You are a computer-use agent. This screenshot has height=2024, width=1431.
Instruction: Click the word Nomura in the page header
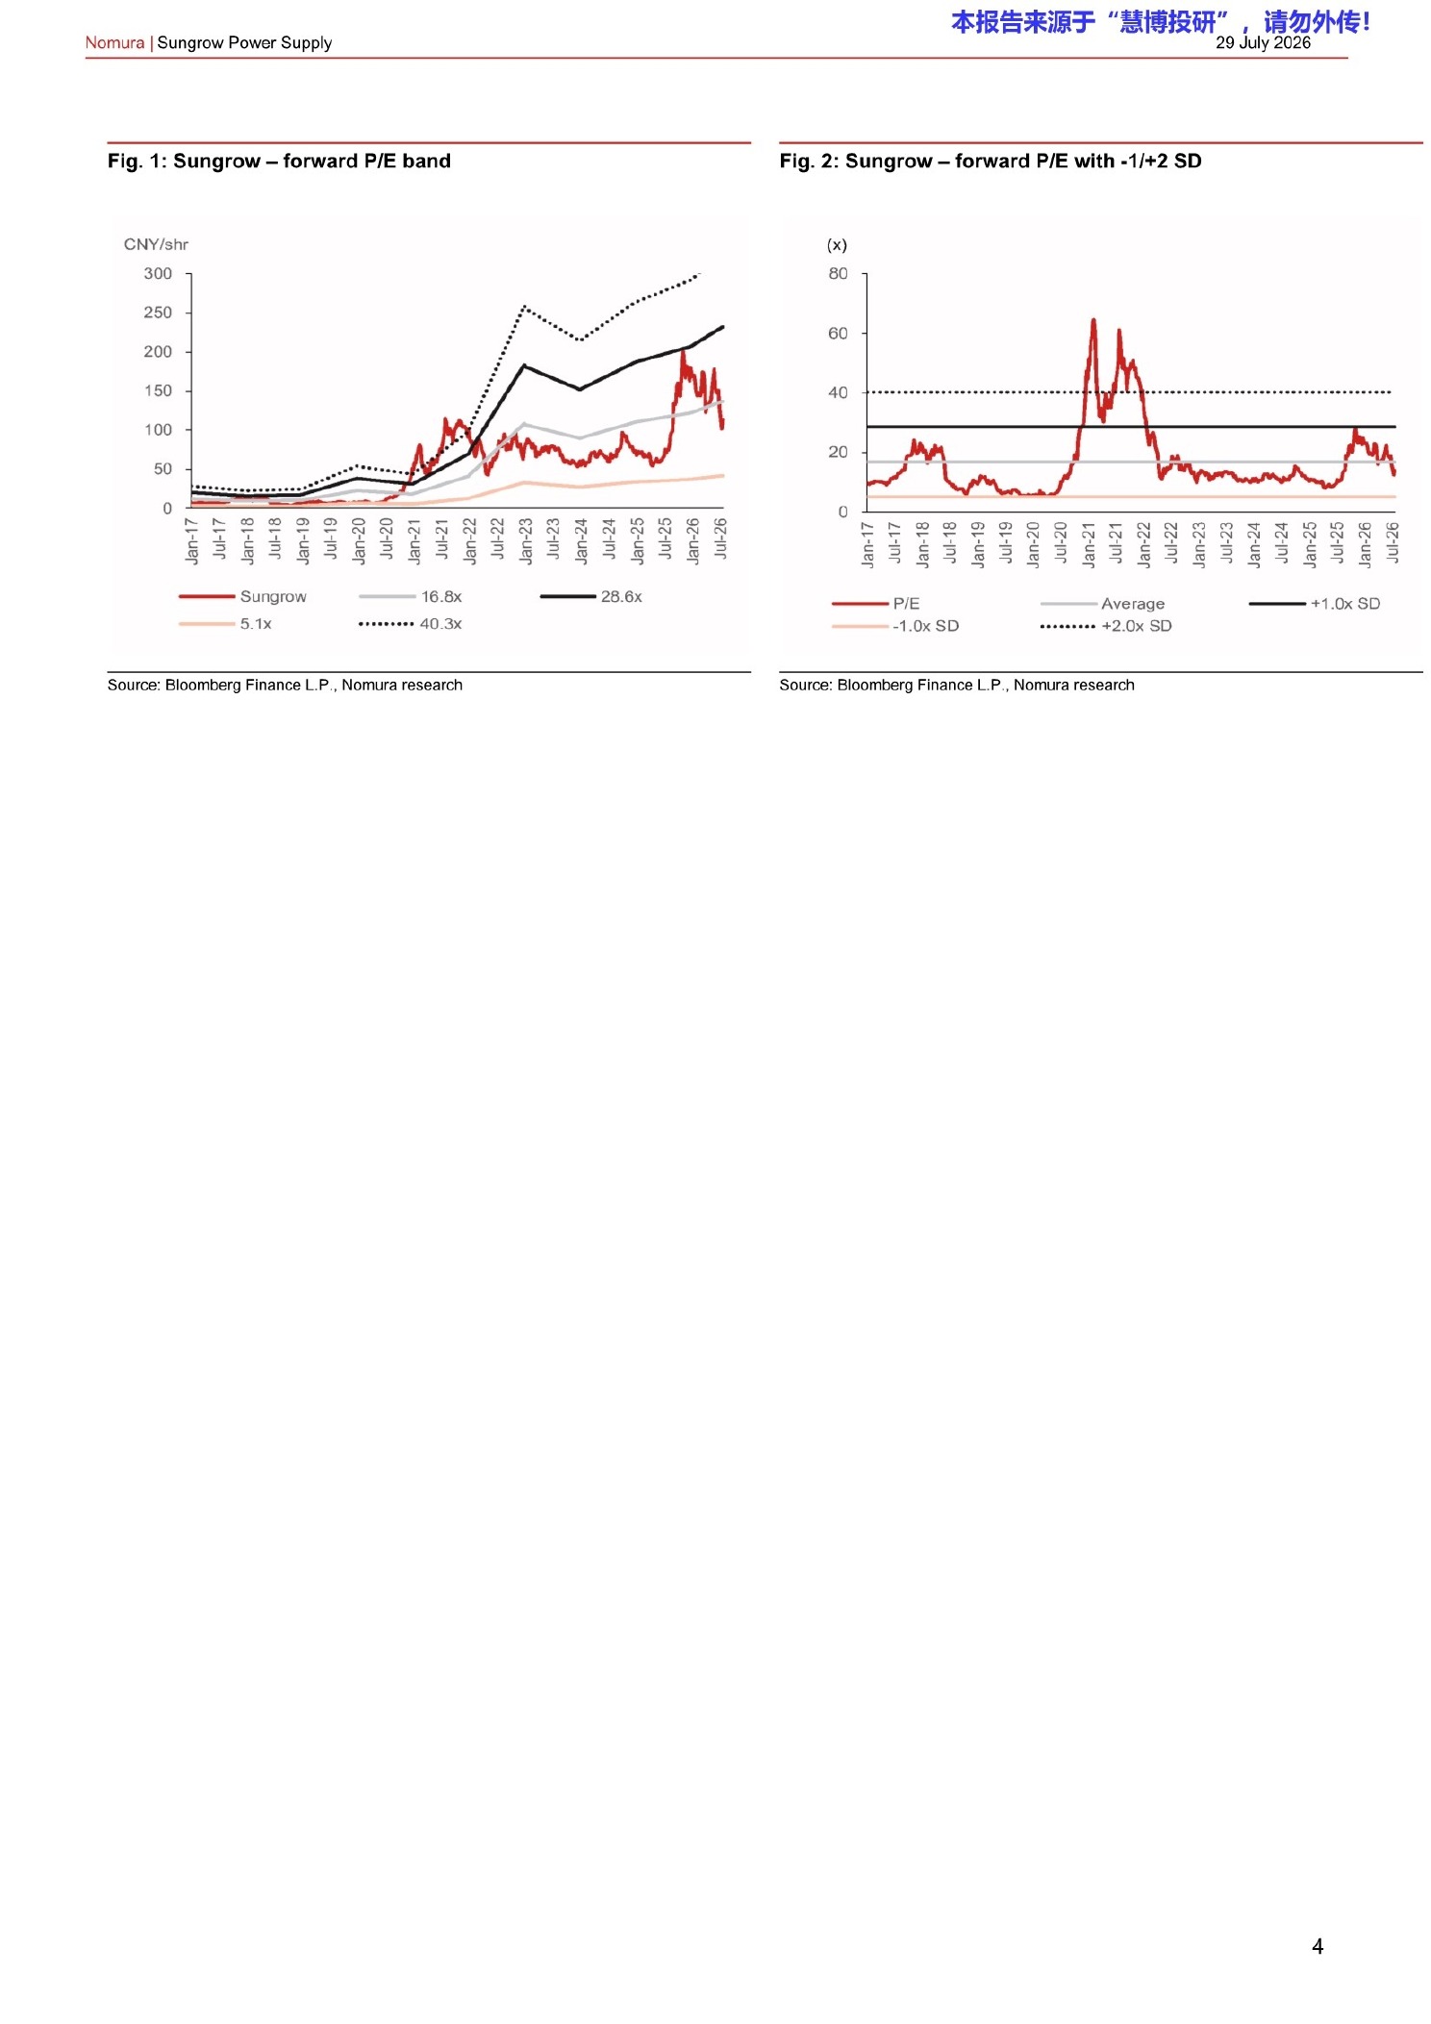coord(114,42)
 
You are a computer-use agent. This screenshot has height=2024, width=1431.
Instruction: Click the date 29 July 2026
coord(1263,42)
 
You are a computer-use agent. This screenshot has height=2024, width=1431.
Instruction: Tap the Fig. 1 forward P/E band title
coord(279,161)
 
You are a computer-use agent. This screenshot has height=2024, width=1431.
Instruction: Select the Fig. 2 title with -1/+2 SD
coord(991,161)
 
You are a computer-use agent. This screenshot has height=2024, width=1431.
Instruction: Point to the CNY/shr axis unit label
coord(156,244)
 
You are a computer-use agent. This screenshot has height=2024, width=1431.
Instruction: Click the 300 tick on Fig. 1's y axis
coord(158,273)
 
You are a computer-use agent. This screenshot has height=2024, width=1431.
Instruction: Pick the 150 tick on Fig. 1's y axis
coord(158,390)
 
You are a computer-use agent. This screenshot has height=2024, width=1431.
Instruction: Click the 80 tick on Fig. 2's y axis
coord(839,273)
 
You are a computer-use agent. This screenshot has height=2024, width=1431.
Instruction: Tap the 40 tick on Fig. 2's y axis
coord(839,392)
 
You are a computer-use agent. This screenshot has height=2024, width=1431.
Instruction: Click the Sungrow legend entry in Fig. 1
coord(242,596)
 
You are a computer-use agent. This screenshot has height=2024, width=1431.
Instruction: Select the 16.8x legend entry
coord(410,596)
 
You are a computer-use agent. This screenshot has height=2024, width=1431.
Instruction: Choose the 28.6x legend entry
coord(590,596)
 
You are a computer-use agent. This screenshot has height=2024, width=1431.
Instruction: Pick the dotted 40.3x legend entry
coord(410,623)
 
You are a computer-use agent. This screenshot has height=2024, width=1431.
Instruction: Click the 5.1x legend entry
coord(225,623)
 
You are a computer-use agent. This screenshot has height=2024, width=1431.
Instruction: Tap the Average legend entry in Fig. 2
coord(1102,603)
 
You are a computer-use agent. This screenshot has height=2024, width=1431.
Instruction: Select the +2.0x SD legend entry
coord(1106,625)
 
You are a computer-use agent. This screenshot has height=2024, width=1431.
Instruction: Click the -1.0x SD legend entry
coord(895,625)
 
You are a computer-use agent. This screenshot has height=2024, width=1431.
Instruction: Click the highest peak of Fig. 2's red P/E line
coord(1093,320)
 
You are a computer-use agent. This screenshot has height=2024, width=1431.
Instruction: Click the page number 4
coord(1318,1946)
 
